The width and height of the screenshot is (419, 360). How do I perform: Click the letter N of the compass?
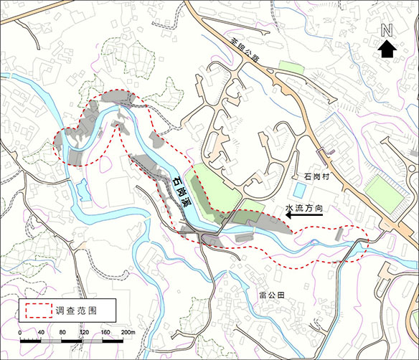[x=387, y=31]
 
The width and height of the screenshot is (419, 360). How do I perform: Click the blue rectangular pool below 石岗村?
[x=298, y=190]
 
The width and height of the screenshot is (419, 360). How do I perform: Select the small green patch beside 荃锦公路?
[x=291, y=67]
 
